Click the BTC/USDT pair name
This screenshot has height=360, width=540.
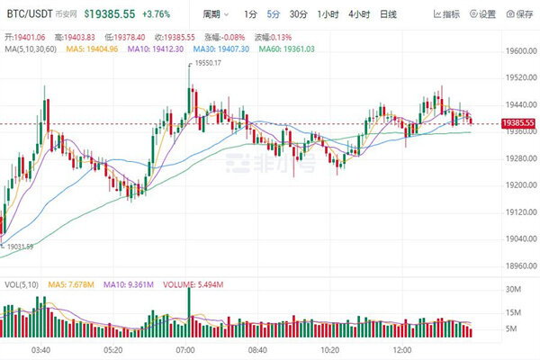(x=28, y=14)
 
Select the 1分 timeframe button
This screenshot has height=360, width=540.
(x=250, y=14)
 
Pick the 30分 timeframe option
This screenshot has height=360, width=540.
(x=299, y=14)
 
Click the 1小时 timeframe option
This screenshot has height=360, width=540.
(x=328, y=14)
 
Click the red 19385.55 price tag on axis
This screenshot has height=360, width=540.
(x=518, y=122)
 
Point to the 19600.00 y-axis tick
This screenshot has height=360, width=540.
(x=519, y=51)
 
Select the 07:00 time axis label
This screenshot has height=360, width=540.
(x=185, y=348)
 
